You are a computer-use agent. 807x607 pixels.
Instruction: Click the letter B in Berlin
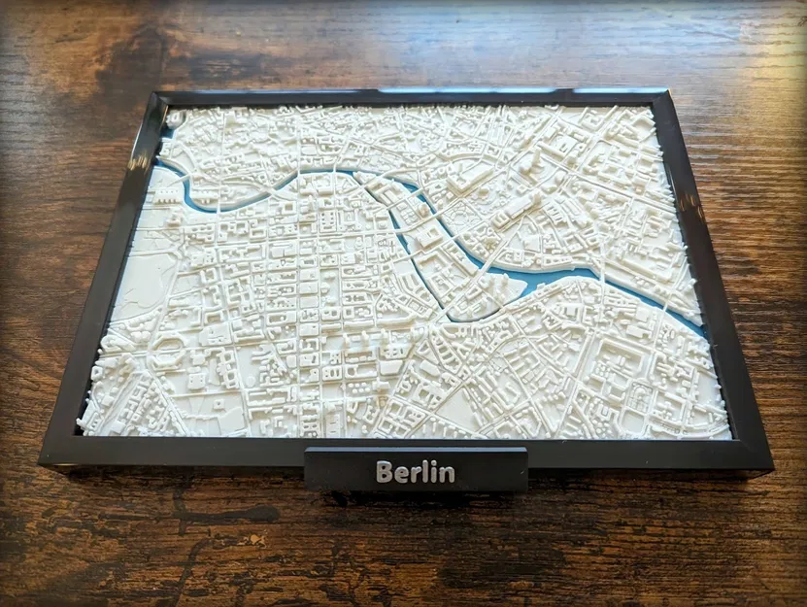(x=385, y=473)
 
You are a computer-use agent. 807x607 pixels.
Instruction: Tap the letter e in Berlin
(x=403, y=475)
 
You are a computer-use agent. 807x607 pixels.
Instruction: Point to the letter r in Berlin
(x=418, y=475)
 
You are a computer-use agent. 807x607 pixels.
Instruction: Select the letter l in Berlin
(x=428, y=472)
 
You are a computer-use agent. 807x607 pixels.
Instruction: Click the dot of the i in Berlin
(x=436, y=464)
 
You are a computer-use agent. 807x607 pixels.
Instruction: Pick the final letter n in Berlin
(x=448, y=475)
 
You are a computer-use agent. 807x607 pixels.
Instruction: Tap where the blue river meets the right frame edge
(x=705, y=329)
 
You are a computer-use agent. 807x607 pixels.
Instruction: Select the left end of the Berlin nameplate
(x=308, y=470)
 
